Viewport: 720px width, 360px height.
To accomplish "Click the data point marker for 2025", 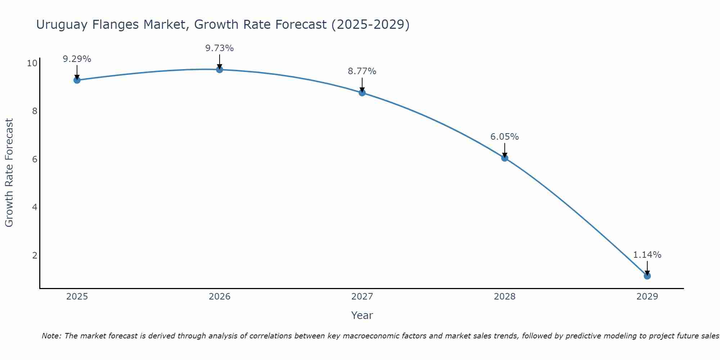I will [x=77, y=80].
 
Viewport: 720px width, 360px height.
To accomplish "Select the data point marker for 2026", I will [x=220, y=69].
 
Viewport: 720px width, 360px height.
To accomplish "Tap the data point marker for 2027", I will [x=362, y=93].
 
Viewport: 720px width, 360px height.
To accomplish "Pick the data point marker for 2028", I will [x=505, y=158].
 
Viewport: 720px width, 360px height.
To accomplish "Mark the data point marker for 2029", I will [x=647, y=276].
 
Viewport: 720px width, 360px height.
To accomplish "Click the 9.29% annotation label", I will [x=77, y=59].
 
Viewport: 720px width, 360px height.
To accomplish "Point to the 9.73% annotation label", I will [x=220, y=48].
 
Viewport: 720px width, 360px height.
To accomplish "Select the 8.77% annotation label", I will [x=362, y=71].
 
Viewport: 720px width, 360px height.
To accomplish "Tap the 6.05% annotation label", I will [x=505, y=137].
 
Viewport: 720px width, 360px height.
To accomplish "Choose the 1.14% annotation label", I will [x=647, y=255].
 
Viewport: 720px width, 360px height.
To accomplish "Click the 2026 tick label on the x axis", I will [x=220, y=297].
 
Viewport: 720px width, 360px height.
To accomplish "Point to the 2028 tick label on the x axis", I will [x=505, y=297].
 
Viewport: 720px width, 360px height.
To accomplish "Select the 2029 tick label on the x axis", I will [x=647, y=297].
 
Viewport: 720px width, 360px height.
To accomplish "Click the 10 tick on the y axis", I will [x=32, y=63].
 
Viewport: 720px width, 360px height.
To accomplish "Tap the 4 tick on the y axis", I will [x=35, y=207].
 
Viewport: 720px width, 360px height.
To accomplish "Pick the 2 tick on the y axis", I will [x=35, y=255].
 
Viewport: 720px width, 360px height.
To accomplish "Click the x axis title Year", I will [x=362, y=315].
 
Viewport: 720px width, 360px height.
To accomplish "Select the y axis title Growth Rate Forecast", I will [x=9, y=173].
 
